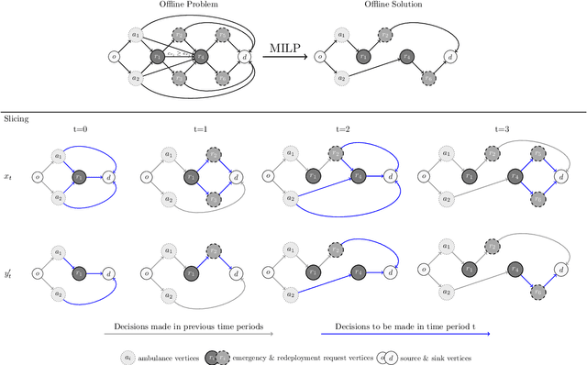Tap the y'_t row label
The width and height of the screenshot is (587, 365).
tap(9, 271)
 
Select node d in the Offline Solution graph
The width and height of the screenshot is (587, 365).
tap(449, 57)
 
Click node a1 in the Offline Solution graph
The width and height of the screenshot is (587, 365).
tap(342, 37)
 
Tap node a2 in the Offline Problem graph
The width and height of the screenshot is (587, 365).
tap(138, 77)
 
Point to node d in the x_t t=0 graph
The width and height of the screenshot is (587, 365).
tap(108, 177)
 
